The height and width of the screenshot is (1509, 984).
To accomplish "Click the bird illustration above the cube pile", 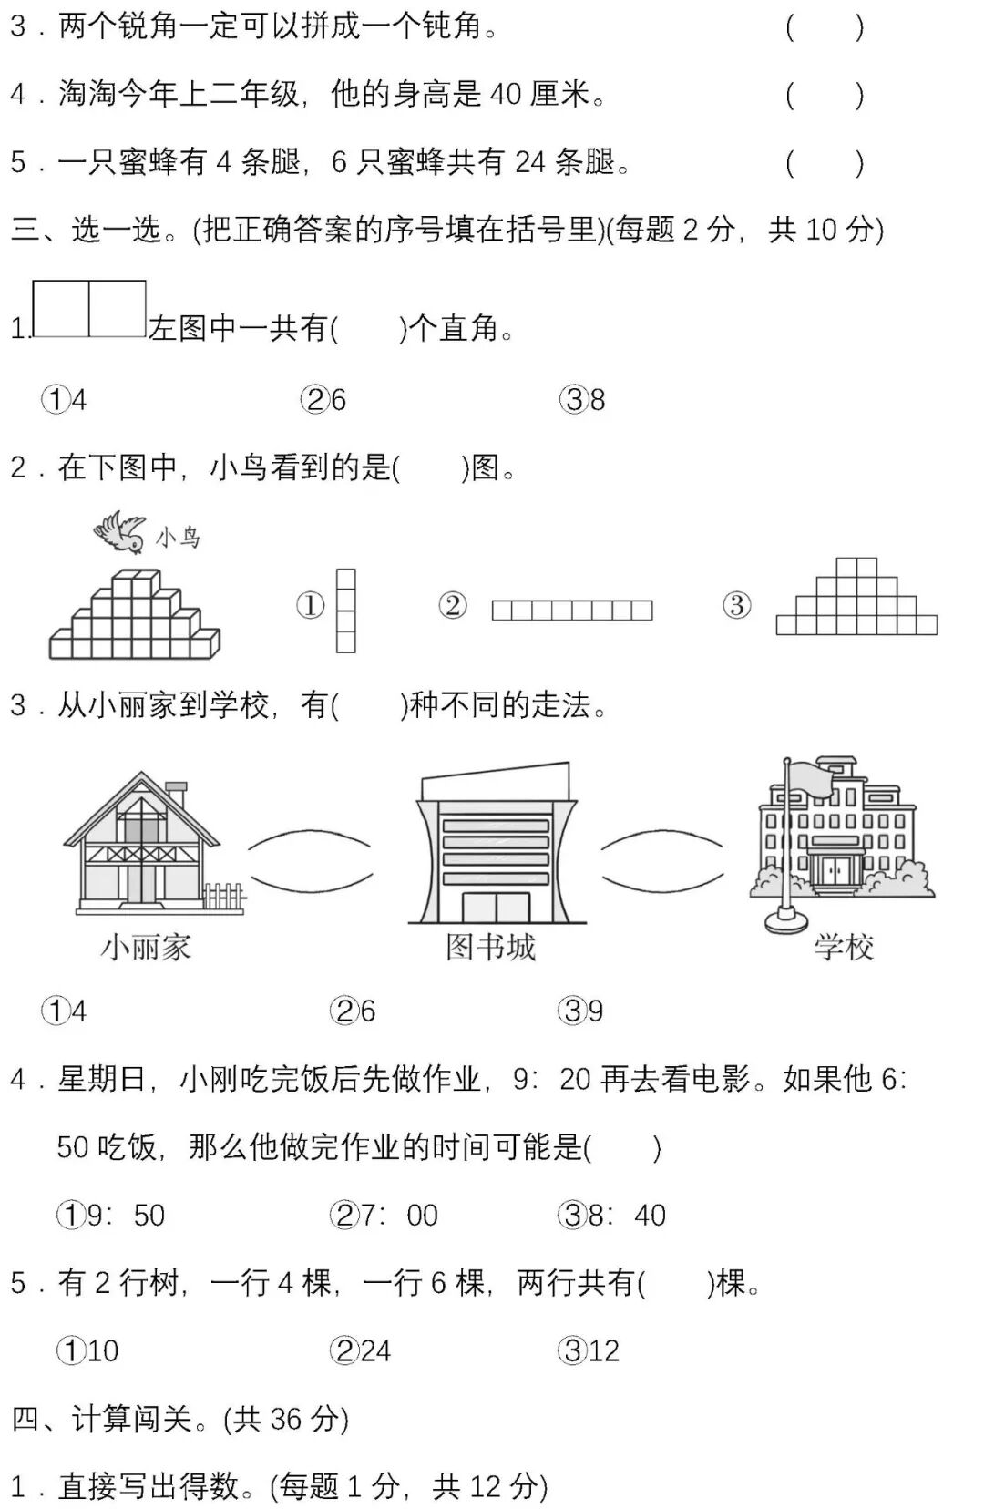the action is tap(119, 532).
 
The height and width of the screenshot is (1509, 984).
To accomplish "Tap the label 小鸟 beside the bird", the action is tap(178, 537).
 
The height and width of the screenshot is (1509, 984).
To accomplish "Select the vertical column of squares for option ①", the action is tap(345, 611).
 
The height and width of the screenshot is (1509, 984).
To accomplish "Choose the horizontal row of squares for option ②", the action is tap(572, 610).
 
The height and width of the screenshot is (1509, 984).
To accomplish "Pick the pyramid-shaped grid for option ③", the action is tap(856, 598).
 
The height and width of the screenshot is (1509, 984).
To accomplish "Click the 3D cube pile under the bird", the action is tap(135, 615).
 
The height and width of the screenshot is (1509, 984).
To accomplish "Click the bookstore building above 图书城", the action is tap(495, 843).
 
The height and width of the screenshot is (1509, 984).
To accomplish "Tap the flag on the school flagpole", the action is tap(809, 777).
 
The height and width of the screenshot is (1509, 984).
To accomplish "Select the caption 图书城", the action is tap(490, 948).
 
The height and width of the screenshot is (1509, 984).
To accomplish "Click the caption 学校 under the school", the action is tap(844, 948).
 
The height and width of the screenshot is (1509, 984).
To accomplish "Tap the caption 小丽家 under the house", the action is tap(146, 948).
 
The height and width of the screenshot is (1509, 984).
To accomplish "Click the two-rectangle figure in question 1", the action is tap(89, 309).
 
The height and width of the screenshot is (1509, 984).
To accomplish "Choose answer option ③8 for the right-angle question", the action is tap(582, 399).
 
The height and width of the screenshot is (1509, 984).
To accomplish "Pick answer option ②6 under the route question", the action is tap(353, 1011).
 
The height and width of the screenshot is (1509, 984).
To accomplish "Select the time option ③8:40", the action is tap(612, 1215).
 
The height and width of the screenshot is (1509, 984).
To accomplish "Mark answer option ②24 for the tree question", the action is tap(361, 1350).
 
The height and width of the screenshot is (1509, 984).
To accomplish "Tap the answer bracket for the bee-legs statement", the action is tap(825, 162).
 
